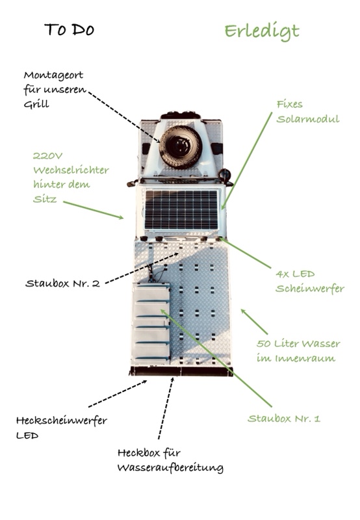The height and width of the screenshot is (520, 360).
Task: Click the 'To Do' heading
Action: pyautogui.click(x=70, y=29)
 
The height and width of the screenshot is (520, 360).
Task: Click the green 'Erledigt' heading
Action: pyautogui.click(x=262, y=32)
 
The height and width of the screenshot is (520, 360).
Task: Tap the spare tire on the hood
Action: pyautogui.click(x=181, y=147)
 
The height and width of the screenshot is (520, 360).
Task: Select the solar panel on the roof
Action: pyautogui.click(x=181, y=209)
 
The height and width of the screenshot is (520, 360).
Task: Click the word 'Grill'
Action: pyautogui.click(x=36, y=105)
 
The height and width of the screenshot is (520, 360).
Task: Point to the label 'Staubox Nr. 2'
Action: pyautogui.click(x=62, y=283)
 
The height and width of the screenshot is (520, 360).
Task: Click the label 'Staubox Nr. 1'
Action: pyautogui.click(x=284, y=419)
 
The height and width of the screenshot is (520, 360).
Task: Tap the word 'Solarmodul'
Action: pyautogui.click(x=308, y=119)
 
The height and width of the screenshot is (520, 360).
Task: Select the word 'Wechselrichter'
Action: pyautogui.click(x=71, y=170)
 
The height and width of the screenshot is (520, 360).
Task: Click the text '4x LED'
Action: pyautogui.click(x=296, y=274)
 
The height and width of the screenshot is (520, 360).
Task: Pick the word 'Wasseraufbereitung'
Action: pyautogui.click(x=170, y=468)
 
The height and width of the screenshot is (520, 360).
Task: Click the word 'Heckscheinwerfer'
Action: pyautogui.click(x=62, y=421)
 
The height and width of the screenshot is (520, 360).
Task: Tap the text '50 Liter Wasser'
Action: pyautogui.click(x=298, y=344)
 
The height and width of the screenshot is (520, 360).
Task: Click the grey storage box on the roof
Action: pyautogui.click(x=151, y=321)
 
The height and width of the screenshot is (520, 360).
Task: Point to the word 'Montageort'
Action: pyautogui.click(x=53, y=75)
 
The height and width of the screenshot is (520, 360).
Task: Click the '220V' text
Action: pyautogui.click(x=47, y=155)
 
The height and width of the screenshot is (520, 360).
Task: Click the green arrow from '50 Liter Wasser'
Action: pyautogui.click(x=254, y=322)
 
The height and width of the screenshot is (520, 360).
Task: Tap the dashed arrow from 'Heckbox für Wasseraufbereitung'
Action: pyautogui.click(x=166, y=408)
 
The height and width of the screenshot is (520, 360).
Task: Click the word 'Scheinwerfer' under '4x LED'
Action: pyautogui.click(x=310, y=289)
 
